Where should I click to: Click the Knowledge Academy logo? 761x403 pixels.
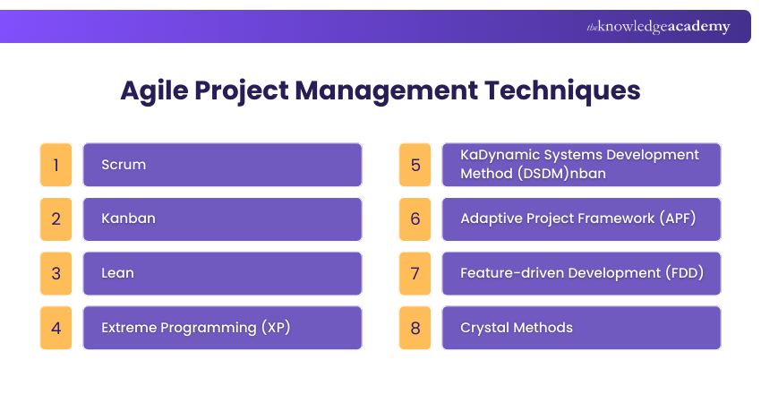658,27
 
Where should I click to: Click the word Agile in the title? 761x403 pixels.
153,91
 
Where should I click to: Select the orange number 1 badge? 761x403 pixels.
56,165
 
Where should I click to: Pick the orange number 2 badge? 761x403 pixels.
56,219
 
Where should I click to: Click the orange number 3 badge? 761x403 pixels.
56,273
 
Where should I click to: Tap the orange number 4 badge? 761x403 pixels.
56,328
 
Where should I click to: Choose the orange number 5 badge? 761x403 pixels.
415,165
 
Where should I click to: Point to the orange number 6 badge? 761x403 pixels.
415,219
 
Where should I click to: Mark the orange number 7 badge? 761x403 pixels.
415,273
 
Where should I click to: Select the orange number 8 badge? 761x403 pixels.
415,328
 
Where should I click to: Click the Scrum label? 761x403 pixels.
124,165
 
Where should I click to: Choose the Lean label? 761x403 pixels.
117,273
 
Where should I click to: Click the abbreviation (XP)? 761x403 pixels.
276,328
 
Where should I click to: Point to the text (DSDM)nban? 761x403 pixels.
561,174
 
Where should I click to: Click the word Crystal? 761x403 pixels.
484,328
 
